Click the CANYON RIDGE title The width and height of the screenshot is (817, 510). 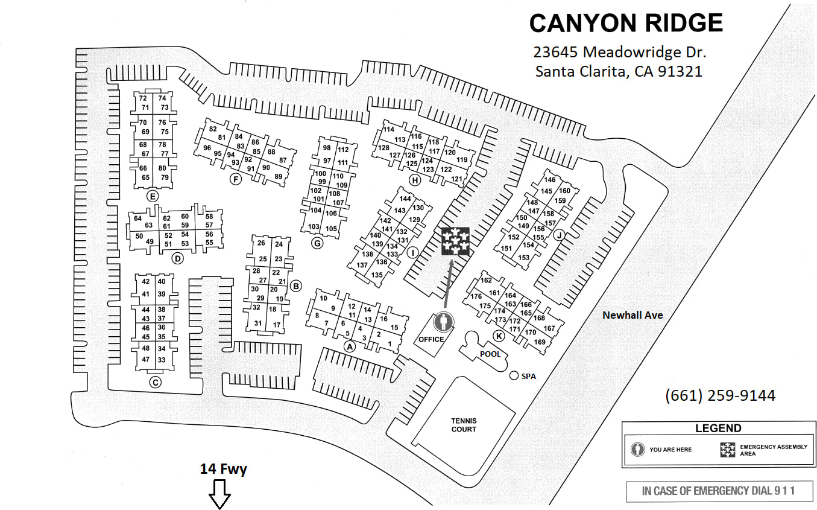coord(626,23)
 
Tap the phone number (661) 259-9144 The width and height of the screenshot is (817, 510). coord(720,395)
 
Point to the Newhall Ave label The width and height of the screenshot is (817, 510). coord(633,315)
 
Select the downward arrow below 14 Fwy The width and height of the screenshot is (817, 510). coord(219,494)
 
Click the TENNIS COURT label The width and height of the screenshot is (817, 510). coord(464,425)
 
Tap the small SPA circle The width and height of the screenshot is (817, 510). coord(514,376)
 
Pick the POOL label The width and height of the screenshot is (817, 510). coord(490,354)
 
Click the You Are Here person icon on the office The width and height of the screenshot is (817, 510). coord(445,322)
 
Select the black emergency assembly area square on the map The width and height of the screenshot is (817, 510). coord(455,241)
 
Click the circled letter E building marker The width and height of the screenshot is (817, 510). coord(153,196)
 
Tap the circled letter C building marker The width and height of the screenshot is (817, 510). coord(155,382)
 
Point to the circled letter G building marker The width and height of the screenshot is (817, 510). coord(317,243)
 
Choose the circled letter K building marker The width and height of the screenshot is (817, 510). coord(499,336)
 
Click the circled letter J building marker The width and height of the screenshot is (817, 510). coord(558,236)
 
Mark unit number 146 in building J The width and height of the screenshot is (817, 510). coord(549,180)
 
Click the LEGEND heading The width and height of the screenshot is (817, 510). coord(718,429)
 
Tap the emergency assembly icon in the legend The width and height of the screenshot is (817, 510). coord(728,450)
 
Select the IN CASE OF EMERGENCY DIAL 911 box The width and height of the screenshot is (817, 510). coord(718,491)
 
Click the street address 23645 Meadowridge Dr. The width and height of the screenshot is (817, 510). coord(619,52)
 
